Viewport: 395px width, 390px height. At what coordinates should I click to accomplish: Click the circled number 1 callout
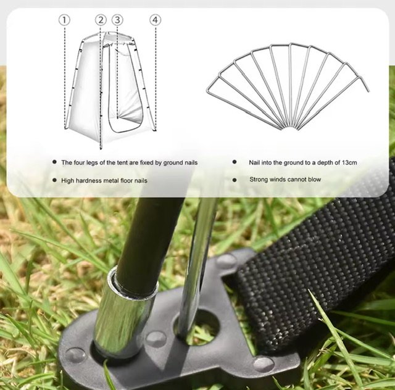point(64,20)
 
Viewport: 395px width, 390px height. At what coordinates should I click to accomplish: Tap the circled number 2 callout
point(101,20)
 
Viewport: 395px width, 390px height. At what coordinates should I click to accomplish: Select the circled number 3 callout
point(117,20)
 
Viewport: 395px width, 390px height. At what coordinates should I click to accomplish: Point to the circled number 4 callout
point(155,20)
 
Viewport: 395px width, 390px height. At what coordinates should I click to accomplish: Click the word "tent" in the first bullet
point(122,163)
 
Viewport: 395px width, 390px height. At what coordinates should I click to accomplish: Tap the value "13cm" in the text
point(349,162)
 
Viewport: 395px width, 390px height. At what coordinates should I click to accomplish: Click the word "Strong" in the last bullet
point(259,180)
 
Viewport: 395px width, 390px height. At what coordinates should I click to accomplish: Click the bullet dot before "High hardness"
point(54,180)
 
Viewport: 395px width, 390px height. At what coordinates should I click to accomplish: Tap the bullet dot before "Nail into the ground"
point(235,162)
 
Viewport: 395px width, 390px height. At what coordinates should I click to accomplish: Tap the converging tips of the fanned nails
point(289,128)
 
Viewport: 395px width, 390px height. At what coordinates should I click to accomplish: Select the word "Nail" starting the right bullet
point(254,162)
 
